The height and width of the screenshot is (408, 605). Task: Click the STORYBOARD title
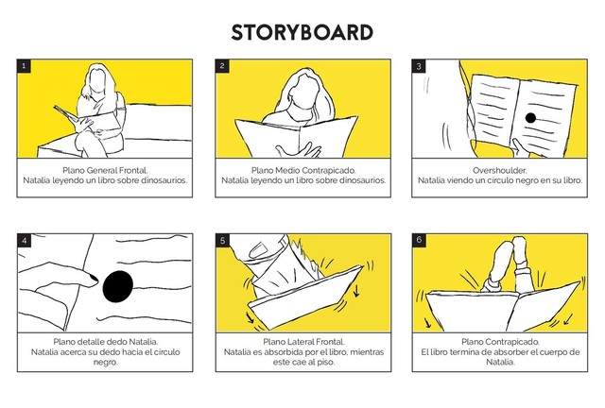(302, 32)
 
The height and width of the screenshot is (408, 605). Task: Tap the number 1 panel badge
(24, 66)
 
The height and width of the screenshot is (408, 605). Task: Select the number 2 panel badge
(222, 66)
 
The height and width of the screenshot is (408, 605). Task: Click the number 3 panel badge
(419, 66)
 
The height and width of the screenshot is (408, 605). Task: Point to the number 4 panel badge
(24, 241)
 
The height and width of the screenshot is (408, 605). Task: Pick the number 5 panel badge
(222, 241)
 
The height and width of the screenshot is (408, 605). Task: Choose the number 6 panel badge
(419, 241)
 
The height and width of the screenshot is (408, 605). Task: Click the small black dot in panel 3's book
(530, 118)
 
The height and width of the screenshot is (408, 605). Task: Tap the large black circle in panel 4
(118, 286)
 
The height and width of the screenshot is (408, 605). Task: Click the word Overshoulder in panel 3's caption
(500, 170)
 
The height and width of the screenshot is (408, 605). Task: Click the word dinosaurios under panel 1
(164, 180)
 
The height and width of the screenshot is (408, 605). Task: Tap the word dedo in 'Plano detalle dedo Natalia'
(116, 342)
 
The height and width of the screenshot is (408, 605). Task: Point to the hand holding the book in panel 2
(299, 150)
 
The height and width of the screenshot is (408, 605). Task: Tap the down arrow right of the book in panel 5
(356, 290)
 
